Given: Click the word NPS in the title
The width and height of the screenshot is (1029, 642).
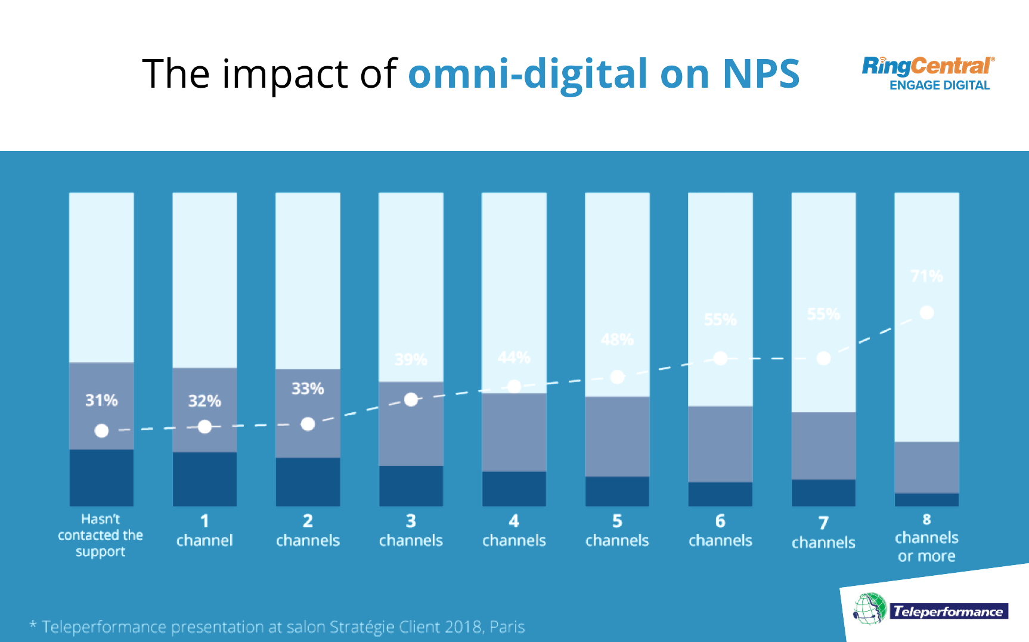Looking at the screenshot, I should [x=761, y=75].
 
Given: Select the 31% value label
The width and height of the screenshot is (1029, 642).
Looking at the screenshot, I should [x=101, y=400].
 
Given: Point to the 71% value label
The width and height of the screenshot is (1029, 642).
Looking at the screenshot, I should [x=926, y=276].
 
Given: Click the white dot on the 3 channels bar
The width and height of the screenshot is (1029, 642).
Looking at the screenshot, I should [x=411, y=400].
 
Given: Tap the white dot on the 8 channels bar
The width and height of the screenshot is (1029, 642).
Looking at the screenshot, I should [x=926, y=313].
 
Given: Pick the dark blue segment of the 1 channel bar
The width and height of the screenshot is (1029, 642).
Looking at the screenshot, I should [x=204, y=479].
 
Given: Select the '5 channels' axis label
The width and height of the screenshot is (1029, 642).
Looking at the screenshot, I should [x=617, y=531].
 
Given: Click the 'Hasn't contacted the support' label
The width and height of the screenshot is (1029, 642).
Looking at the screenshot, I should [x=101, y=535].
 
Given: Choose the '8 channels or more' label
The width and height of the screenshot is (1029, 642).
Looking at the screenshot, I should [x=926, y=538].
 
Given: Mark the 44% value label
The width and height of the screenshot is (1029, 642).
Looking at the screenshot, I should [x=514, y=357].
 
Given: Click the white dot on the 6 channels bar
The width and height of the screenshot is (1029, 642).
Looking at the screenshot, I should [x=720, y=359].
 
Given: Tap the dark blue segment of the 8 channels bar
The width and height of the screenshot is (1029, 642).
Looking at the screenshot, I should [x=926, y=499].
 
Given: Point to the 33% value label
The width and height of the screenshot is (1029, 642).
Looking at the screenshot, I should [x=308, y=389].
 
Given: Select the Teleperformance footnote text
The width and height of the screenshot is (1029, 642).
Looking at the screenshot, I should [x=278, y=627].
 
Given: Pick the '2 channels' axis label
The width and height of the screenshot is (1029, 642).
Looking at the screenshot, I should [x=308, y=531].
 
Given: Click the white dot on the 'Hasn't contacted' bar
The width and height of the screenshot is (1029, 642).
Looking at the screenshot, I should [x=101, y=431].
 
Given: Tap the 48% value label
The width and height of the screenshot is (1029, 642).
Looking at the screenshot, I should [x=617, y=339].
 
